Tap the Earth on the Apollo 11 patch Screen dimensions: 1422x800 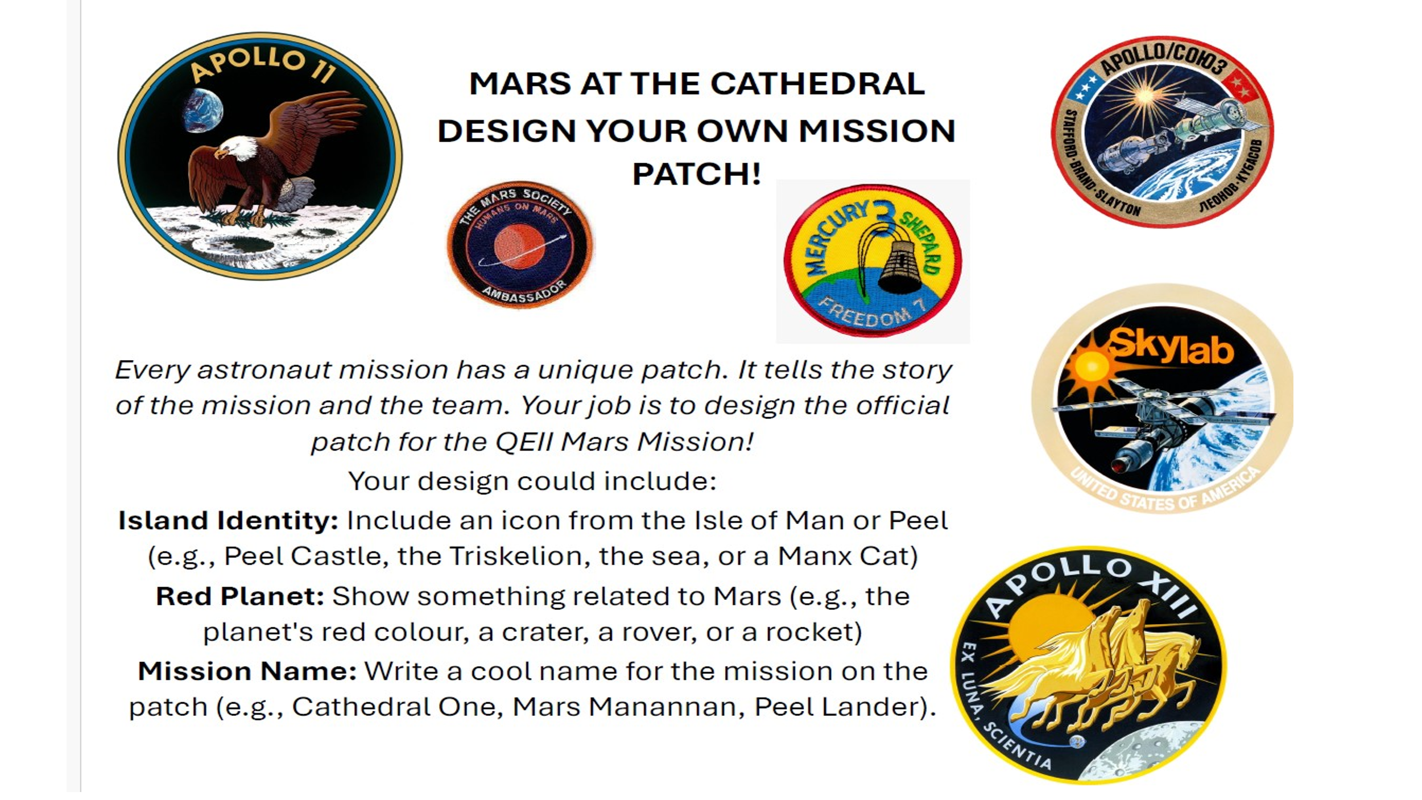coord(202,110)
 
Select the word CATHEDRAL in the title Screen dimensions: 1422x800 coord(817,84)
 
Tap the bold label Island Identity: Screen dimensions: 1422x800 coord(228,520)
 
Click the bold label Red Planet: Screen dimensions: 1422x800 coord(240,596)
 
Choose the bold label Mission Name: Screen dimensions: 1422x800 coord(247,671)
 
